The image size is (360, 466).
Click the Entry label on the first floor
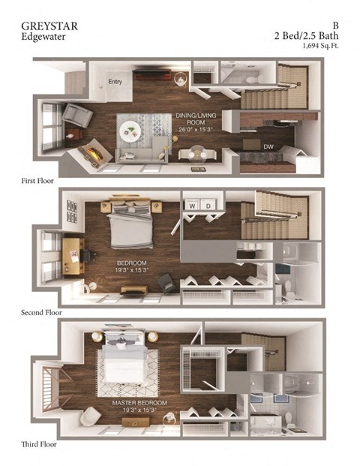[x=115, y=82]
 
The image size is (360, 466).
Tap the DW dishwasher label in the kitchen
[x=267, y=146]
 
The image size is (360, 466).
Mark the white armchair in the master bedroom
[x=93, y=415]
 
